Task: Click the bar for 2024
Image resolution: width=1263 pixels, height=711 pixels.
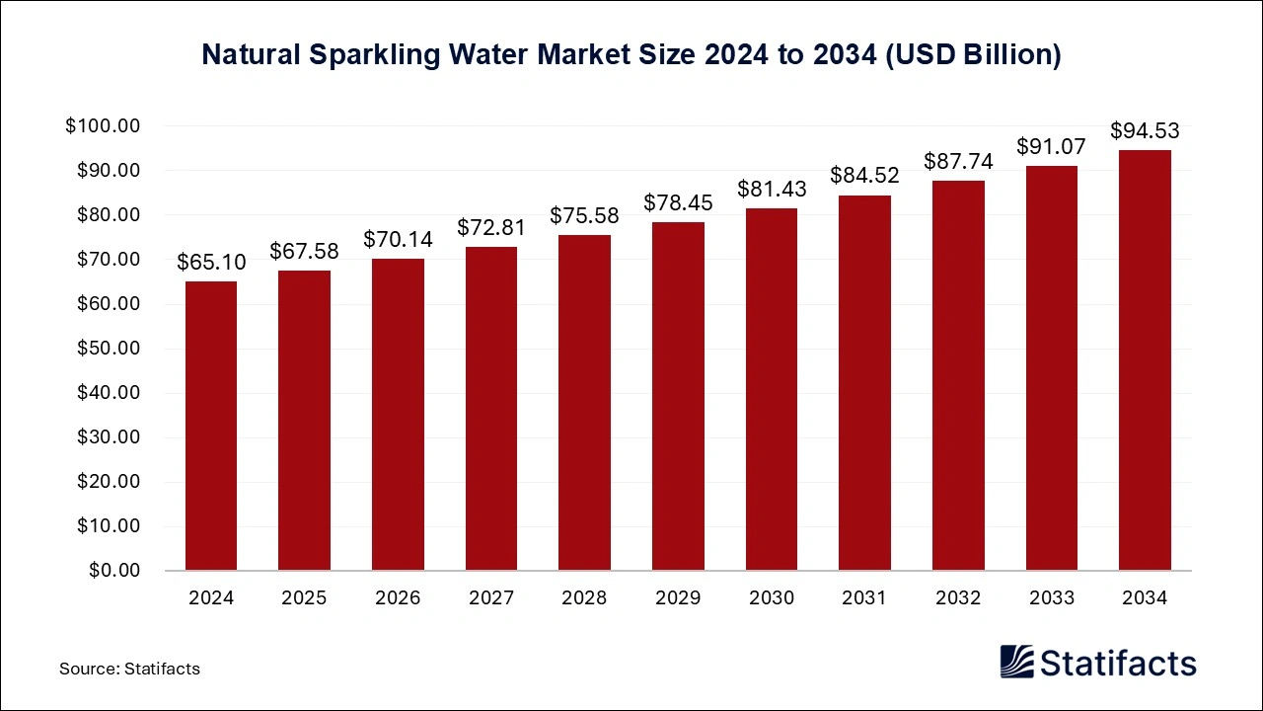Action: click(211, 426)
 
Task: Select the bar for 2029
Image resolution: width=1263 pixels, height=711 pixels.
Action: click(678, 396)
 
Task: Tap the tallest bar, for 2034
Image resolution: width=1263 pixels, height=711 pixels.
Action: click(1145, 360)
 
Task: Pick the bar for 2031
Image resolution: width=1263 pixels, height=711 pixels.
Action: click(864, 383)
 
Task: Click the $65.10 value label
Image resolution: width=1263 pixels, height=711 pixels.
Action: click(211, 263)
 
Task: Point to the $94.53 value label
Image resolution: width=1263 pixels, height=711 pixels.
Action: click(1145, 131)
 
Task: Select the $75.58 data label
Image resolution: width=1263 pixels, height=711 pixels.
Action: click(584, 215)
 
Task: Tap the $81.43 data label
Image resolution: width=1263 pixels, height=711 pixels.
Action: click(771, 190)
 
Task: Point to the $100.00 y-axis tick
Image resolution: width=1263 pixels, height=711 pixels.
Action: click(104, 126)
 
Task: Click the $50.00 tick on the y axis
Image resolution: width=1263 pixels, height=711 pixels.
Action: click(109, 349)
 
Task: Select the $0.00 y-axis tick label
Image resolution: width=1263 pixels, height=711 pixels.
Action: click(113, 571)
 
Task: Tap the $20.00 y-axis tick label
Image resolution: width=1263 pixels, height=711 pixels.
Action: click(109, 482)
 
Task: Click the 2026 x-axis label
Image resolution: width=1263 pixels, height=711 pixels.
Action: click(398, 598)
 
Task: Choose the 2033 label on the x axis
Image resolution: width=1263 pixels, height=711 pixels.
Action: click(1051, 598)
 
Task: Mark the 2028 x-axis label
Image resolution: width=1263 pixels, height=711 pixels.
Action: click(584, 598)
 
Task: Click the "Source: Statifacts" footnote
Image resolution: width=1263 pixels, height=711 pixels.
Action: click(129, 669)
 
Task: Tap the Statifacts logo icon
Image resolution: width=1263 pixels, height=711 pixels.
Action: click(1018, 662)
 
